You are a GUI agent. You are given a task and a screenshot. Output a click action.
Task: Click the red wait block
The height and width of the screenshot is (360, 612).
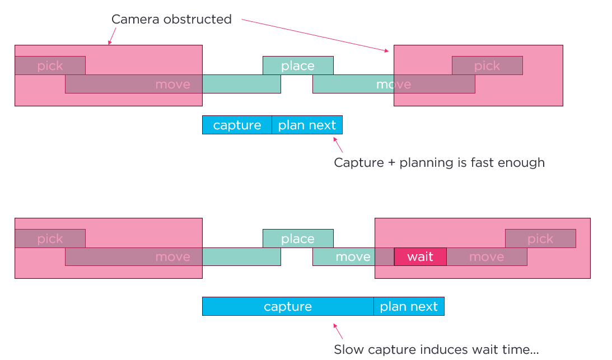(420, 256)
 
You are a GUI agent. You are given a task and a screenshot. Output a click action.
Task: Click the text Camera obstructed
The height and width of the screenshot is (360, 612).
(171, 19)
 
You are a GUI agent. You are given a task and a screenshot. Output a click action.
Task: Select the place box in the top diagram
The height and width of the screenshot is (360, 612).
(298, 66)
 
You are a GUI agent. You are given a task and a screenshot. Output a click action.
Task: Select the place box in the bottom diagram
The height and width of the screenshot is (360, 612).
(298, 239)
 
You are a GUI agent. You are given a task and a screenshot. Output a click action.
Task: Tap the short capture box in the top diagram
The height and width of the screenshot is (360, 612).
(237, 125)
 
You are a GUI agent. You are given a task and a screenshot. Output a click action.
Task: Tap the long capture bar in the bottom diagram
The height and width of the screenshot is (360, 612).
(288, 306)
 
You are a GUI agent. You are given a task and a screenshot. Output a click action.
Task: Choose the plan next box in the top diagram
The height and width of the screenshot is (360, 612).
(307, 125)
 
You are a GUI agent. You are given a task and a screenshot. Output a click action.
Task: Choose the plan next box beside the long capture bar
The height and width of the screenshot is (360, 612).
(409, 306)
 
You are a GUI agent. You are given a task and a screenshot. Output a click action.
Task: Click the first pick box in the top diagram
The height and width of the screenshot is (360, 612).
(50, 66)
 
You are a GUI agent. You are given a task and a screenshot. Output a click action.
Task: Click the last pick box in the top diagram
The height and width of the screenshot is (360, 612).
(487, 66)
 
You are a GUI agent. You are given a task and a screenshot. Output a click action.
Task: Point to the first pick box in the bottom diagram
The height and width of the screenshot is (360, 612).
(50, 239)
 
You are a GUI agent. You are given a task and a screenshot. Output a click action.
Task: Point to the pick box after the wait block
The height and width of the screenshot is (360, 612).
(540, 239)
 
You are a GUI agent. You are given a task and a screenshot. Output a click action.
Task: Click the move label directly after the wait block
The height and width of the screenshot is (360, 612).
(487, 256)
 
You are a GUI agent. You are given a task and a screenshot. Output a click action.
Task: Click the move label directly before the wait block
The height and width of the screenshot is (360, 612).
(353, 256)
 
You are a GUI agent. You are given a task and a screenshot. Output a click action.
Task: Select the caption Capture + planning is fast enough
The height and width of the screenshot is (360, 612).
(439, 162)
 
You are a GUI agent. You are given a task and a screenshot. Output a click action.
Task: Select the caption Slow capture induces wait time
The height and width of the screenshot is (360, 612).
(436, 350)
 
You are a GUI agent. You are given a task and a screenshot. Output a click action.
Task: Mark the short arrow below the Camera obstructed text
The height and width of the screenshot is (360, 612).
(111, 36)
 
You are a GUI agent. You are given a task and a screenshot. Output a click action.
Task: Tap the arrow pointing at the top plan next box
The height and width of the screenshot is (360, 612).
(338, 144)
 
